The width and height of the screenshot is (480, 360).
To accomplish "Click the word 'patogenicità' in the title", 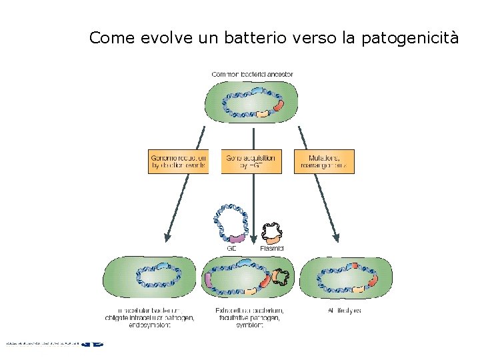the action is [410, 38].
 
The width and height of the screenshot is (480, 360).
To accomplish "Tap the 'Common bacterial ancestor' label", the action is [252, 74].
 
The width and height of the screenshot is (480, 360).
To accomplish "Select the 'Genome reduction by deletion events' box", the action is [178, 161].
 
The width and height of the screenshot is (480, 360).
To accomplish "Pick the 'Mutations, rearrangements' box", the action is [323, 161].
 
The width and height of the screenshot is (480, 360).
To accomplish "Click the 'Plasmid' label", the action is [272, 248].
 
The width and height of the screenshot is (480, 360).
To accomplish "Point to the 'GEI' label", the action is [232, 248].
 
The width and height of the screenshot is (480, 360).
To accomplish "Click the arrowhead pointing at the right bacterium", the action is [336, 237].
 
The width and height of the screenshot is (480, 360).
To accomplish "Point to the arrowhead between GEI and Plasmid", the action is [253, 242].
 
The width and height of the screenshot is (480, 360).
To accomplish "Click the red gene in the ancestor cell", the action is [278, 105].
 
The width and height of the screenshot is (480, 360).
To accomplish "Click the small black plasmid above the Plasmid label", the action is [272, 231].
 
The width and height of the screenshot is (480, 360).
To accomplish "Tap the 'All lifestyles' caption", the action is [345, 311].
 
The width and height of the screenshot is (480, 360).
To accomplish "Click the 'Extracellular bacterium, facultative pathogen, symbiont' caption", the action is [249, 318].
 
